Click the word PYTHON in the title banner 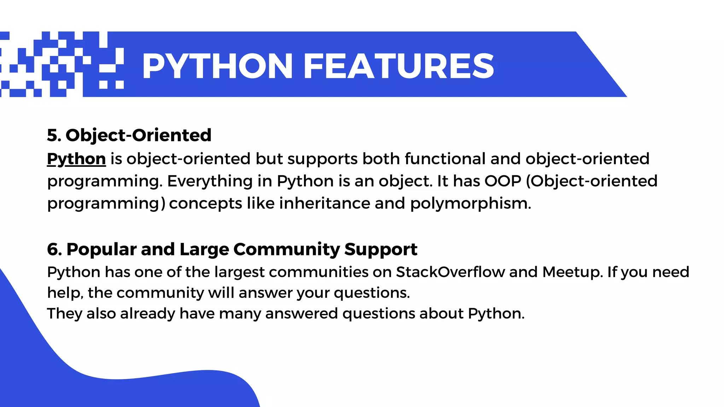click(217, 66)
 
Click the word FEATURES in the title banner click(398, 66)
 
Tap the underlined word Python click(76, 159)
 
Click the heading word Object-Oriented click(139, 135)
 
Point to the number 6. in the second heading click(54, 249)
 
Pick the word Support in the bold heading click(381, 249)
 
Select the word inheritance click(324, 203)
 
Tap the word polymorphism click(470, 203)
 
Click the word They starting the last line click(65, 313)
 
